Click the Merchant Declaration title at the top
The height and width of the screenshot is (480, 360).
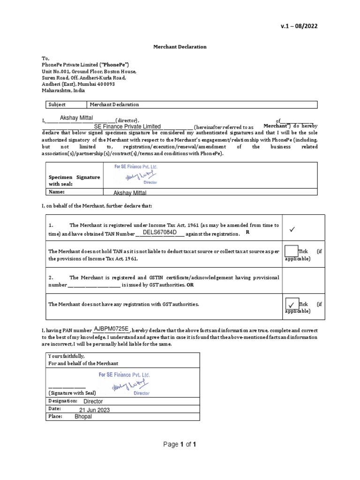[180, 47]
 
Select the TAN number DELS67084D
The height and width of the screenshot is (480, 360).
[159, 232]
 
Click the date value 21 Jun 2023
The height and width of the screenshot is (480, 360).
[94, 410]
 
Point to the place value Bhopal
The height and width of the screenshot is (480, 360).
[83, 417]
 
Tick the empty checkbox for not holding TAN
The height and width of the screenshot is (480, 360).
[291, 251]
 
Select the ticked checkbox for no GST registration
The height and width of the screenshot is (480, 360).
[291, 305]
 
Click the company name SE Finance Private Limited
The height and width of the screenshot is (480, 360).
[127, 127]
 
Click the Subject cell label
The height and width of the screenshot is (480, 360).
[57, 105]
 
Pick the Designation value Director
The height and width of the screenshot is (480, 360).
[93, 402]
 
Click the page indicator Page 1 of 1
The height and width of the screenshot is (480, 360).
[180, 445]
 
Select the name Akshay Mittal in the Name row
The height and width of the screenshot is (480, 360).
[130, 193]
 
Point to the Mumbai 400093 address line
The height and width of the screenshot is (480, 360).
[78, 84]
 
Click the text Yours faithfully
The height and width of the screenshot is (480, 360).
[67, 356]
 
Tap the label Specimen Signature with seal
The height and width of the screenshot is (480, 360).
[74, 180]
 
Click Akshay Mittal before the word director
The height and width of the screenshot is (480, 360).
[76, 118]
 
